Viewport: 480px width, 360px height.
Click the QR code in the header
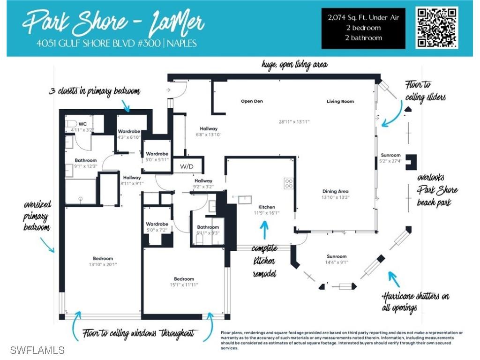(437, 28)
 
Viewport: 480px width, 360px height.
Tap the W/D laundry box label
(187, 166)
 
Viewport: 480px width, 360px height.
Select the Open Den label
(252, 101)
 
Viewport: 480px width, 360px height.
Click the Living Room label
(340, 101)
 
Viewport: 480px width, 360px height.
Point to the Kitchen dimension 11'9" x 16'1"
(266, 213)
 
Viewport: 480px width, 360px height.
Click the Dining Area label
(335, 191)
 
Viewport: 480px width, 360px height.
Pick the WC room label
(82, 124)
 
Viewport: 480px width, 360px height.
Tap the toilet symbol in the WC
(71, 124)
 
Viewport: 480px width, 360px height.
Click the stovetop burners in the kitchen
(289, 183)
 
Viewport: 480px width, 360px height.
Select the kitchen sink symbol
(245, 200)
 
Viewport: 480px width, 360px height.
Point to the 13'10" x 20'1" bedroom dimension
(103, 264)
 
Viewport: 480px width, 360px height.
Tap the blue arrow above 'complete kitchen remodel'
(264, 230)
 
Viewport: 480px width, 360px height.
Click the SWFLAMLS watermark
(37, 350)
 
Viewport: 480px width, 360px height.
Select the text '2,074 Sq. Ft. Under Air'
(363, 18)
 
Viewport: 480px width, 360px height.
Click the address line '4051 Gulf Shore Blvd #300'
(98, 43)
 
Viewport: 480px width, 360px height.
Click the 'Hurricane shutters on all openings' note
(415, 301)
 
